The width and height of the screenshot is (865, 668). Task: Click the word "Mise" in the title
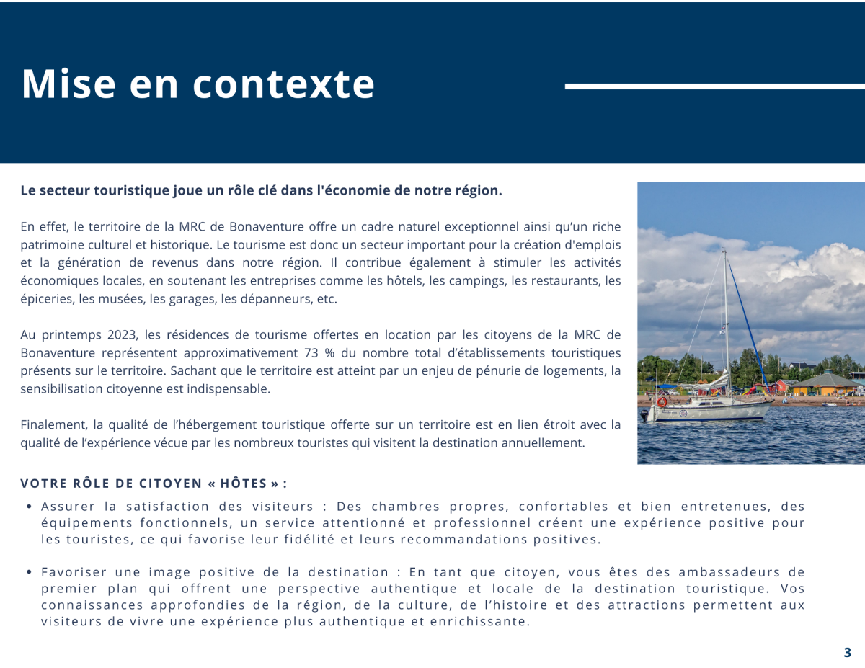[x=68, y=84]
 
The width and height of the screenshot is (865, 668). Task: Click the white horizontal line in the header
[x=714, y=86]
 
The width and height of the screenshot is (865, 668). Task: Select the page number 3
[x=847, y=653]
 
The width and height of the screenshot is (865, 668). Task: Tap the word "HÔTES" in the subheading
[x=242, y=484]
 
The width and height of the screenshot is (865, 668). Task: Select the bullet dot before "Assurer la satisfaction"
[x=28, y=507]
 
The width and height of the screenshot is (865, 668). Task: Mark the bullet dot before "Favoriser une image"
[x=28, y=572]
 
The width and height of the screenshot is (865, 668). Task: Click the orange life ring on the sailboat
[x=662, y=402]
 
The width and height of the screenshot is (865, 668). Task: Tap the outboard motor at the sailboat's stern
[x=645, y=415]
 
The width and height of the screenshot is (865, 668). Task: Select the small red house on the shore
[x=781, y=387]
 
